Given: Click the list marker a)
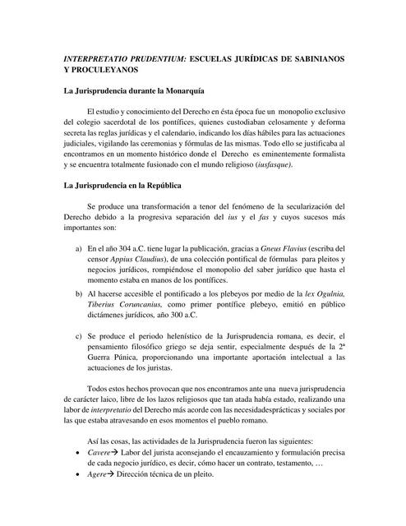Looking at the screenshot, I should [x=78, y=247].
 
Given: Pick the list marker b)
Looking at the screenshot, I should [x=78, y=292].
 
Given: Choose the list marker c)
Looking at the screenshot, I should [x=78, y=336].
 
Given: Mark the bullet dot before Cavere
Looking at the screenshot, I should [x=77, y=453].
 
